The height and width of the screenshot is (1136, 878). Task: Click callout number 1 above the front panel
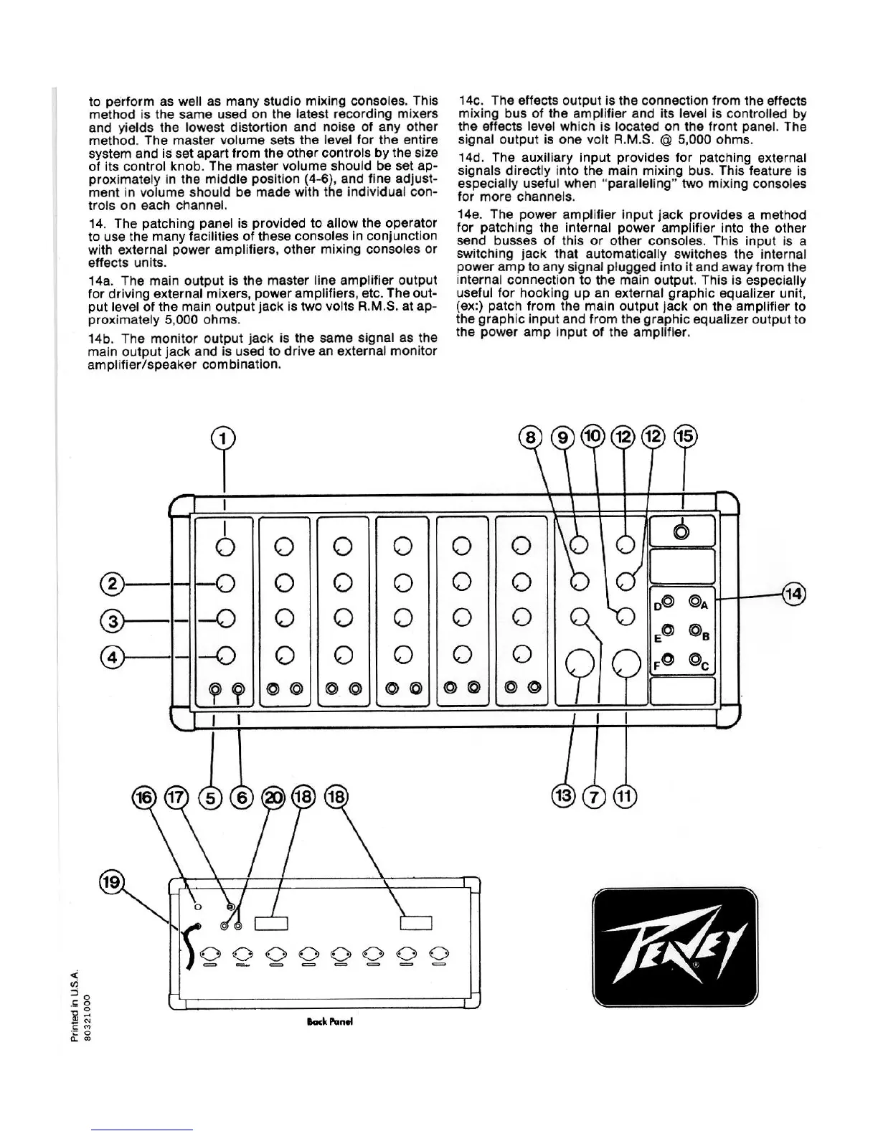point(225,438)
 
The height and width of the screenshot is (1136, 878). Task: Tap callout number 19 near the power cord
point(112,881)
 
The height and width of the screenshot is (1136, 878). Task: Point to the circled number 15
point(685,436)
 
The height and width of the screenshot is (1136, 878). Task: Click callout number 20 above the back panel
point(273,797)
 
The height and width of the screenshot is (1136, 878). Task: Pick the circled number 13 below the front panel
point(564,795)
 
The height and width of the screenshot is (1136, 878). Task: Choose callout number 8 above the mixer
point(530,437)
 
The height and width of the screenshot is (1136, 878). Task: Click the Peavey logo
point(674,947)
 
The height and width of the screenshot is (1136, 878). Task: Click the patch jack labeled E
point(668,630)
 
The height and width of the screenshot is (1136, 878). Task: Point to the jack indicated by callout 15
point(682,531)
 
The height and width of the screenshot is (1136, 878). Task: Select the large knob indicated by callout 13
point(581,664)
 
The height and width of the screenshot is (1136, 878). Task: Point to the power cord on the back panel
point(189,945)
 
